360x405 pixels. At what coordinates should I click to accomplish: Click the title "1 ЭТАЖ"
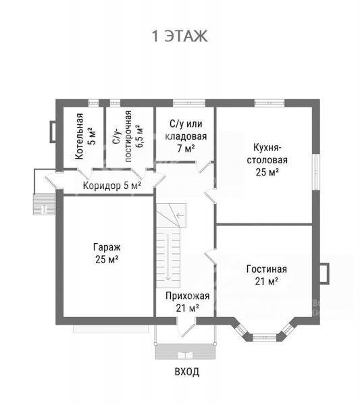(180, 36)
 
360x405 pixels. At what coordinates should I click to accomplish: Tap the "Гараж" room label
(107, 247)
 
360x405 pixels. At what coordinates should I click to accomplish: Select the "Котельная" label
(79, 136)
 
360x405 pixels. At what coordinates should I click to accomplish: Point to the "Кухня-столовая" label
(267, 154)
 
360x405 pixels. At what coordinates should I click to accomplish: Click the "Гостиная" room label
(266, 269)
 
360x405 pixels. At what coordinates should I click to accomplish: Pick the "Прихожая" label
(187, 296)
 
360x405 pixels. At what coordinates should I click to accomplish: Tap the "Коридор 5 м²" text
(112, 186)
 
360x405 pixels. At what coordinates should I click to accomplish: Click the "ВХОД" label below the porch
(187, 372)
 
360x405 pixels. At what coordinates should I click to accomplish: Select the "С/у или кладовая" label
(186, 130)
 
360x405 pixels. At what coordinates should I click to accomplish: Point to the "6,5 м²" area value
(139, 136)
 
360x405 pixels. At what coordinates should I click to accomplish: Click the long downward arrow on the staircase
(168, 256)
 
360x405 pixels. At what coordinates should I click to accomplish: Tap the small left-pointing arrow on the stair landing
(180, 215)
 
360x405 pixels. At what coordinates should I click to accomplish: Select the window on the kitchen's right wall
(315, 172)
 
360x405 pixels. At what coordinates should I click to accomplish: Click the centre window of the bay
(263, 337)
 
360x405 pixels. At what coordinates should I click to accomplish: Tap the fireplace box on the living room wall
(324, 274)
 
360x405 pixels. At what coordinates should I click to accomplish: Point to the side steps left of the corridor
(44, 204)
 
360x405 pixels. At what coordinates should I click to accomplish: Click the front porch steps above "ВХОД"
(185, 352)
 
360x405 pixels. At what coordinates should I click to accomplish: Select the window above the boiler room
(94, 103)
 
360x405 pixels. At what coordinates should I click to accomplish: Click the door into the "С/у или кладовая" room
(205, 167)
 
